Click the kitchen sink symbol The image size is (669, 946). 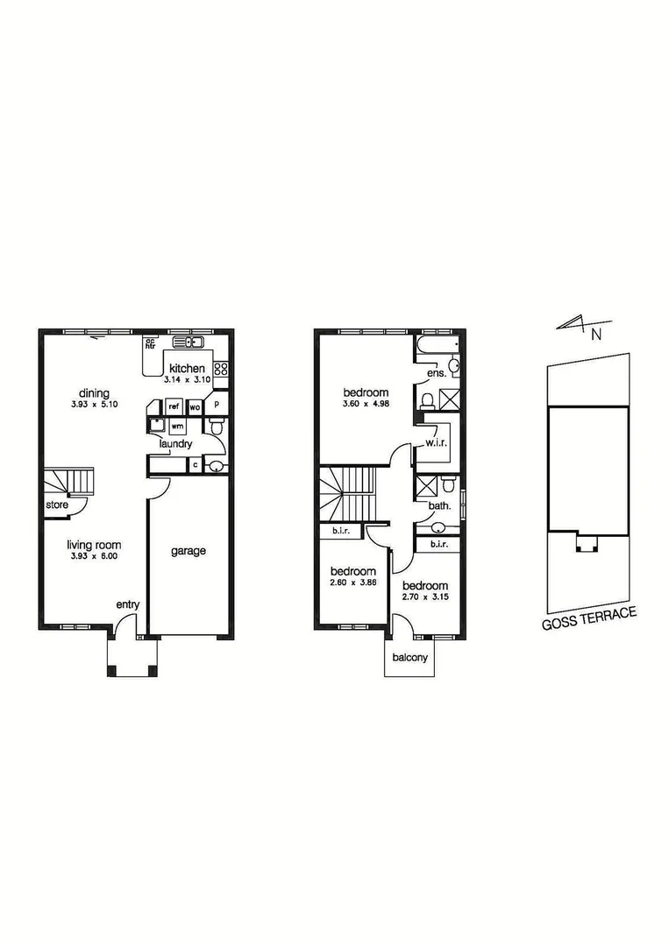point(188,342)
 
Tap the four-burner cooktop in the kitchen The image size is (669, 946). point(221,370)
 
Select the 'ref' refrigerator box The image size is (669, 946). point(174,407)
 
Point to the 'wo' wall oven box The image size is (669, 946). point(195,408)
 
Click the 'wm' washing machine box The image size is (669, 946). point(177,427)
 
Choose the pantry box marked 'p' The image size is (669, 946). point(217,406)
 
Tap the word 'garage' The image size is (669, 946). point(188,551)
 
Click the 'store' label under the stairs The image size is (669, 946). point(58,505)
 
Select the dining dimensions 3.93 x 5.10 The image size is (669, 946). point(96,405)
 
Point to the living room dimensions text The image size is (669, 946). point(96,555)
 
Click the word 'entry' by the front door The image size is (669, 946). point(128,605)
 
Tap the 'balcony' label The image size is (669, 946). point(410,658)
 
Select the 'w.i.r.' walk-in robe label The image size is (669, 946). point(437,443)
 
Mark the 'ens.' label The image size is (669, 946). point(437,374)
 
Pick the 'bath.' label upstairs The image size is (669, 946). point(439,505)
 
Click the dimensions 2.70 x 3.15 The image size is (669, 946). point(425,597)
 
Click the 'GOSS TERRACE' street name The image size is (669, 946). point(588,620)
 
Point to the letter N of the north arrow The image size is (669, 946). point(595,334)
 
